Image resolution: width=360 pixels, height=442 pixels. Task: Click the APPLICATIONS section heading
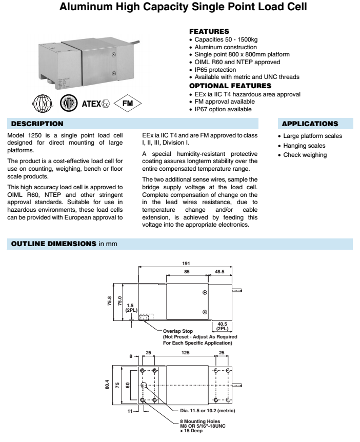point(310,124)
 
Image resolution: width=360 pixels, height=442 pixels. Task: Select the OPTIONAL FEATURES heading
point(228,86)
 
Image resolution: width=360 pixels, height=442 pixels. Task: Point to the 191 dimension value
point(187,263)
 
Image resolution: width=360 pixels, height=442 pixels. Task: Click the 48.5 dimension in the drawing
point(219,271)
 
